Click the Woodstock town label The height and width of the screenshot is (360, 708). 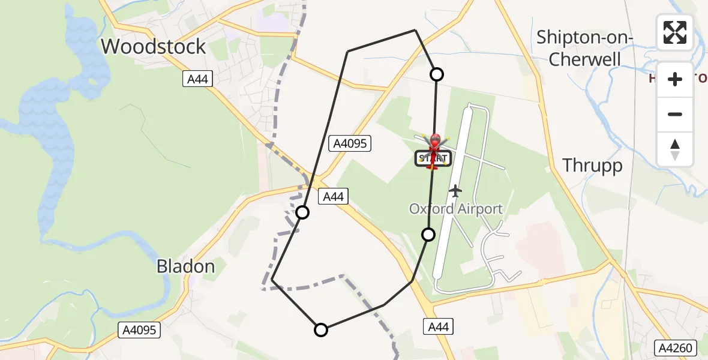[154, 46]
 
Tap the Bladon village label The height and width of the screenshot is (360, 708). [185, 266]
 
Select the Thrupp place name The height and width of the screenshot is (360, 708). [592, 166]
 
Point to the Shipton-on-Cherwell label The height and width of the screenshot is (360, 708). [584, 47]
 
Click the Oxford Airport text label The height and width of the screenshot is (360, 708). [455, 209]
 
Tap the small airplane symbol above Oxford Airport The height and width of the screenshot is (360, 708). [456, 191]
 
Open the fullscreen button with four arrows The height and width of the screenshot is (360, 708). [675, 32]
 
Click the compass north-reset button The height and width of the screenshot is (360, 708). [675, 149]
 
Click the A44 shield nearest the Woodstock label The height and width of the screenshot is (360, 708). [199, 79]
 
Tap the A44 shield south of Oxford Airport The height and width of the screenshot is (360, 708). [438, 326]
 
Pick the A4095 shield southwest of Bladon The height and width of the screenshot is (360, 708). [140, 329]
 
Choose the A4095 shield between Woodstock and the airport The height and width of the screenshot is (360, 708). [350, 143]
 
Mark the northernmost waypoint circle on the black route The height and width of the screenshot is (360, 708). [437, 74]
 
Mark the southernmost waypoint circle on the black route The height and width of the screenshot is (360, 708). [321, 329]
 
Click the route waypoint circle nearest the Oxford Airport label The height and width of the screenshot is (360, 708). [428, 235]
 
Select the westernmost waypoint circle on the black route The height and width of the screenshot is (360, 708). [302, 212]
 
